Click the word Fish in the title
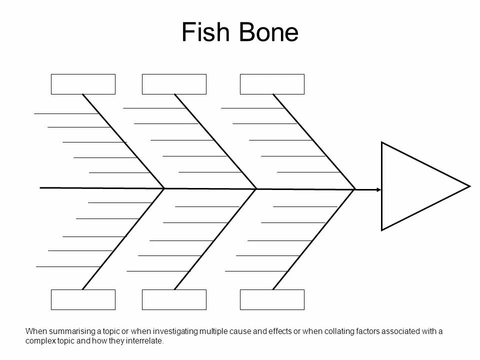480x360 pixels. pos(202,32)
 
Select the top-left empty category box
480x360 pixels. pos(83,84)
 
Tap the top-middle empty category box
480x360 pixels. pos(174,84)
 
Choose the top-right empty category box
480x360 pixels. pos(272,84)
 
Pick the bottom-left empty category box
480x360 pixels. pos(83,299)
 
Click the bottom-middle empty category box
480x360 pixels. pos(174,299)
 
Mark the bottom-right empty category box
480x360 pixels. pos(272,299)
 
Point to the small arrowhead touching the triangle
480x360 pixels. pos(378,189)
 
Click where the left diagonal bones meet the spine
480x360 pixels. pos(164,188)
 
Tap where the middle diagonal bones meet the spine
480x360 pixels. pos(256,189)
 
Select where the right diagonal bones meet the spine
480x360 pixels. pos(355,189)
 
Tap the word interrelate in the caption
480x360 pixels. pos(145,341)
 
